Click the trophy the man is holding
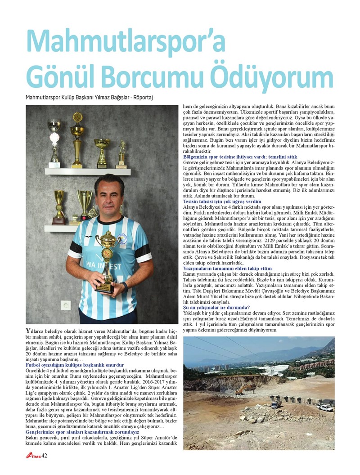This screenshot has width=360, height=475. pos(107,261)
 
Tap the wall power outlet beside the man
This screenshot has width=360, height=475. pos(66,305)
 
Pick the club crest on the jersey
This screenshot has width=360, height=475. pos(122,239)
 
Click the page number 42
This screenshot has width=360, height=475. pos(44,456)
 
